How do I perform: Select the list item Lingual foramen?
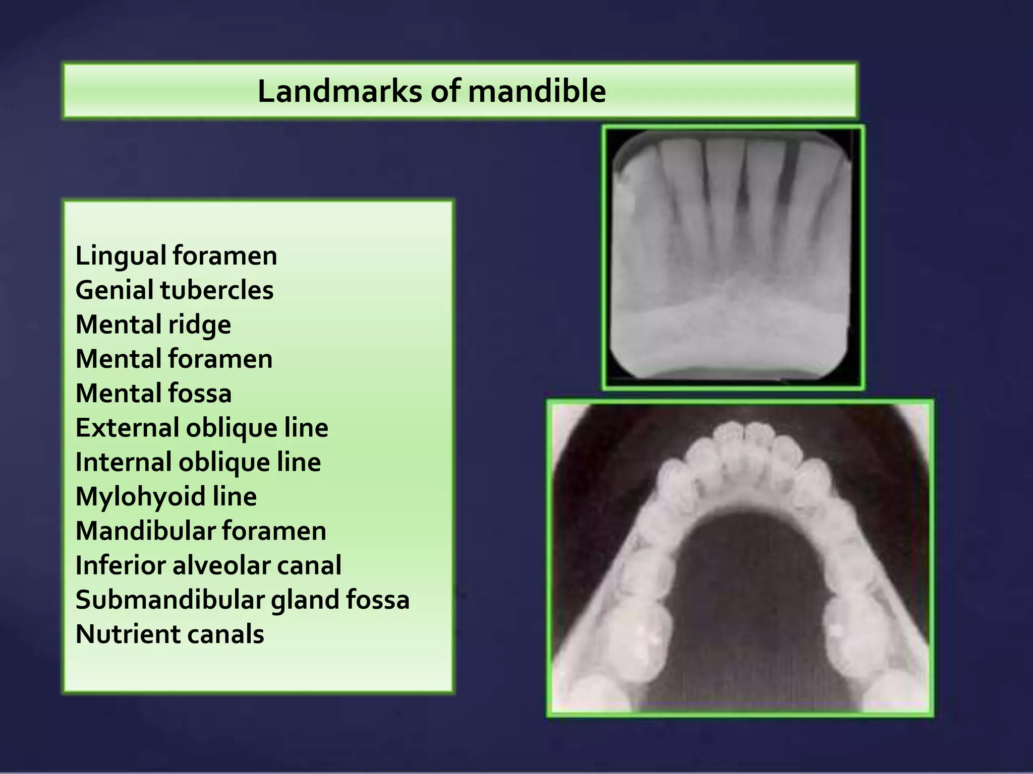pos(176,255)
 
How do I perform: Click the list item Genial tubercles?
pos(174,290)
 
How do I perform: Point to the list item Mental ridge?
pos(153,325)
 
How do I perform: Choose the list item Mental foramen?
pos(174,359)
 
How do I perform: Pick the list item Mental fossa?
pos(153,393)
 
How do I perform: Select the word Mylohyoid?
pos(139,497)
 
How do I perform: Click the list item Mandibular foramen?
pos(201,531)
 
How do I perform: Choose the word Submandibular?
pos(169,600)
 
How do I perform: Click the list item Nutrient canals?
pos(169,634)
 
